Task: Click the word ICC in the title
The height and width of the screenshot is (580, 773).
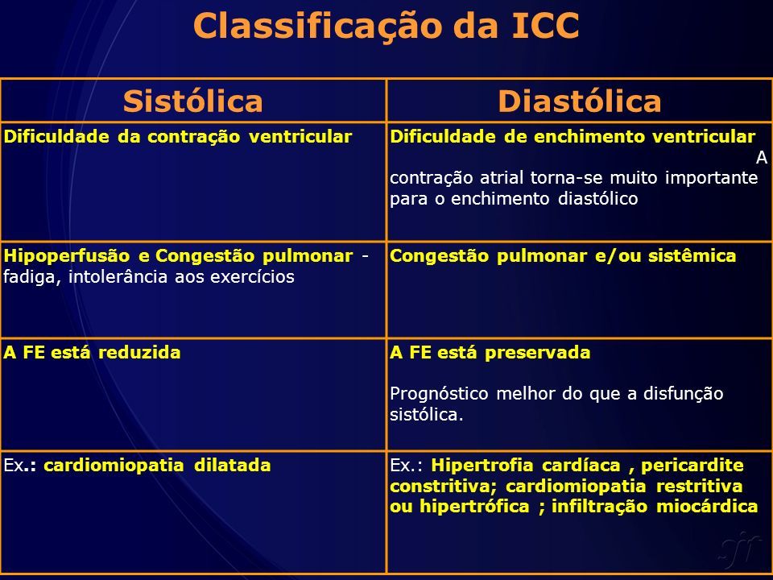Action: point(545,25)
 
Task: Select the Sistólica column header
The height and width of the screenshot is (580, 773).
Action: point(192,101)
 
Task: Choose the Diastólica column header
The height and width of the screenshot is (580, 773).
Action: point(579,101)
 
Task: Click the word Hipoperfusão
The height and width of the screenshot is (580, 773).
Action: point(67,256)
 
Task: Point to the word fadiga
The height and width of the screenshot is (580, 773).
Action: point(32,277)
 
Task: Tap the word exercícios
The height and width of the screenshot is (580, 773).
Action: point(252,276)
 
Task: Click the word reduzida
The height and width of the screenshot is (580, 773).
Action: point(139,353)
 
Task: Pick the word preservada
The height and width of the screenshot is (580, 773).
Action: point(537,353)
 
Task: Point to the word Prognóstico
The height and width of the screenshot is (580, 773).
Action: point(439,395)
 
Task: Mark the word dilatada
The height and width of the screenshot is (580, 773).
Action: point(232,465)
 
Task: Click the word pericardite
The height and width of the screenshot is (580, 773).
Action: point(692,466)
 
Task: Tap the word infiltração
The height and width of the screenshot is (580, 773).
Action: point(599,507)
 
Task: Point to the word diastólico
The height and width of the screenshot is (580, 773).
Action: point(598,198)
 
